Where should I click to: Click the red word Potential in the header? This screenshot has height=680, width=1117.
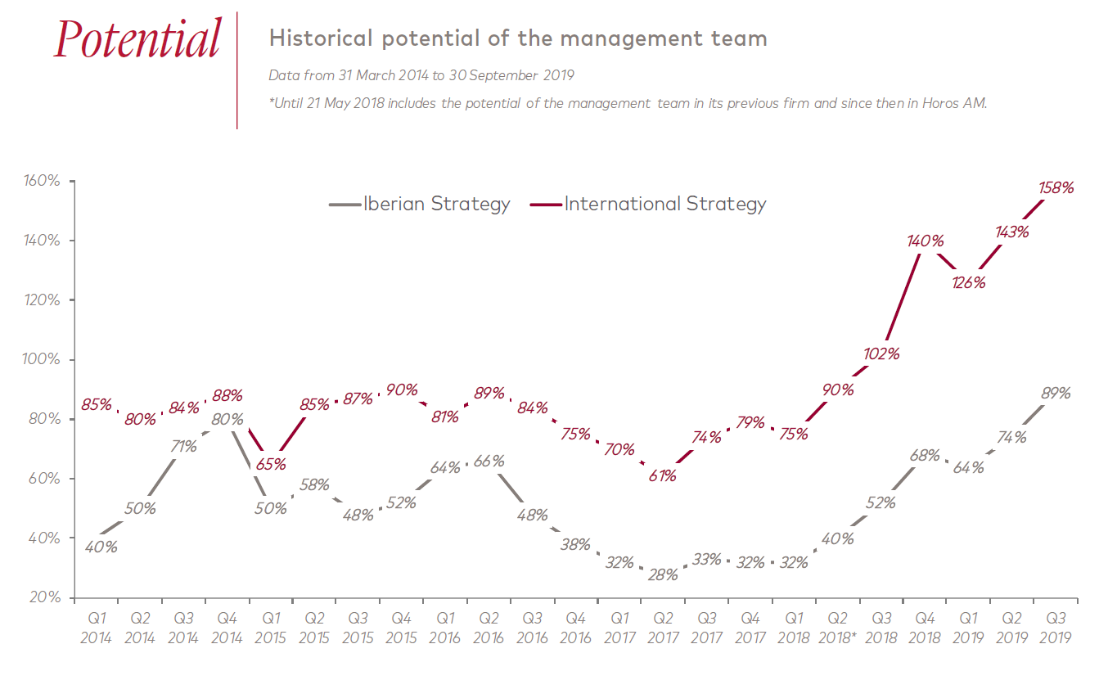point(137,39)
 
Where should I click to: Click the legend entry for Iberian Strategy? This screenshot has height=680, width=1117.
point(436,204)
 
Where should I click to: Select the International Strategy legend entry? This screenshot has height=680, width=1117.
point(664,204)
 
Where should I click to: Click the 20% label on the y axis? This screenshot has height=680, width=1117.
point(46,597)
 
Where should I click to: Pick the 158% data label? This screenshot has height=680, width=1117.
point(1055,187)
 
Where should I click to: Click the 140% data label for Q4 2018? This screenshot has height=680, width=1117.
point(926,241)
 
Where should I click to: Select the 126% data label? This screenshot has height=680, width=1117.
point(967,283)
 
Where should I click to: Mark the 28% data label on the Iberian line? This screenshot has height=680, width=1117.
point(662,574)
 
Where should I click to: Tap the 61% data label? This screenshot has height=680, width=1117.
point(662,475)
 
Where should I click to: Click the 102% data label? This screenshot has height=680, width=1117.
point(882,354)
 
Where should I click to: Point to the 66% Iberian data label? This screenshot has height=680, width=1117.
point(489,461)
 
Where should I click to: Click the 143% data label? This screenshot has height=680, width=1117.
point(1011,232)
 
